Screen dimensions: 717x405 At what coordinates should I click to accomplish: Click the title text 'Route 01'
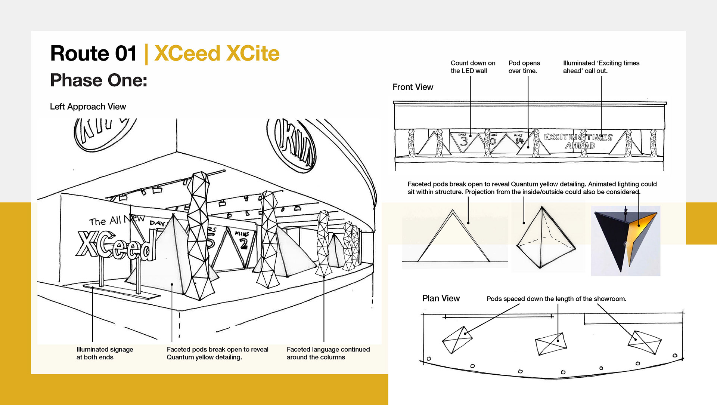(93, 53)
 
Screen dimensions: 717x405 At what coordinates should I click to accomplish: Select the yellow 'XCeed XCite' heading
(217, 53)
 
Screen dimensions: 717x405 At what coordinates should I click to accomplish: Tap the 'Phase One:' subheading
(99, 80)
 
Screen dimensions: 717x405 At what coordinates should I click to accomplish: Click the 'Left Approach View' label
(88, 107)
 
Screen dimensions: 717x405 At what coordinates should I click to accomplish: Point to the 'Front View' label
(413, 87)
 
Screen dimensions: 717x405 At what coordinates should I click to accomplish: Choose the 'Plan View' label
(441, 298)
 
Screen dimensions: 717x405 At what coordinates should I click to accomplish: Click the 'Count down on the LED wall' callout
(473, 67)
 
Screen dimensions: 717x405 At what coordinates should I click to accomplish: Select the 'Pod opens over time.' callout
(524, 67)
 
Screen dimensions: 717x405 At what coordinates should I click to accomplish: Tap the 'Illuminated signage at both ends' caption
(105, 353)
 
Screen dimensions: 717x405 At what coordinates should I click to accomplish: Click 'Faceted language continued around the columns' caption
(328, 353)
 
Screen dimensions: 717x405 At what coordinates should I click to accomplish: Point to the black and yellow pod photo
(626, 240)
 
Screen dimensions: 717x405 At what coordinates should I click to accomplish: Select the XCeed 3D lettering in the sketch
(116, 245)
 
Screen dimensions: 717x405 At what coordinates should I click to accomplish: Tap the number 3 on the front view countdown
(464, 142)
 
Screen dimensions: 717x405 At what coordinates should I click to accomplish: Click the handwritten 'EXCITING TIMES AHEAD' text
(578, 141)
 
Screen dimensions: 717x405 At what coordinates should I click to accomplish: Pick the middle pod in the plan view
(551, 343)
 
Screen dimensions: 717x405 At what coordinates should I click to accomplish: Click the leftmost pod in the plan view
(457, 340)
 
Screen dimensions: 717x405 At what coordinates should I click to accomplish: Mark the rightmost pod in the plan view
(644, 342)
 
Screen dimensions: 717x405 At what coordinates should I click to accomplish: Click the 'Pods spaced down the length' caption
(556, 299)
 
